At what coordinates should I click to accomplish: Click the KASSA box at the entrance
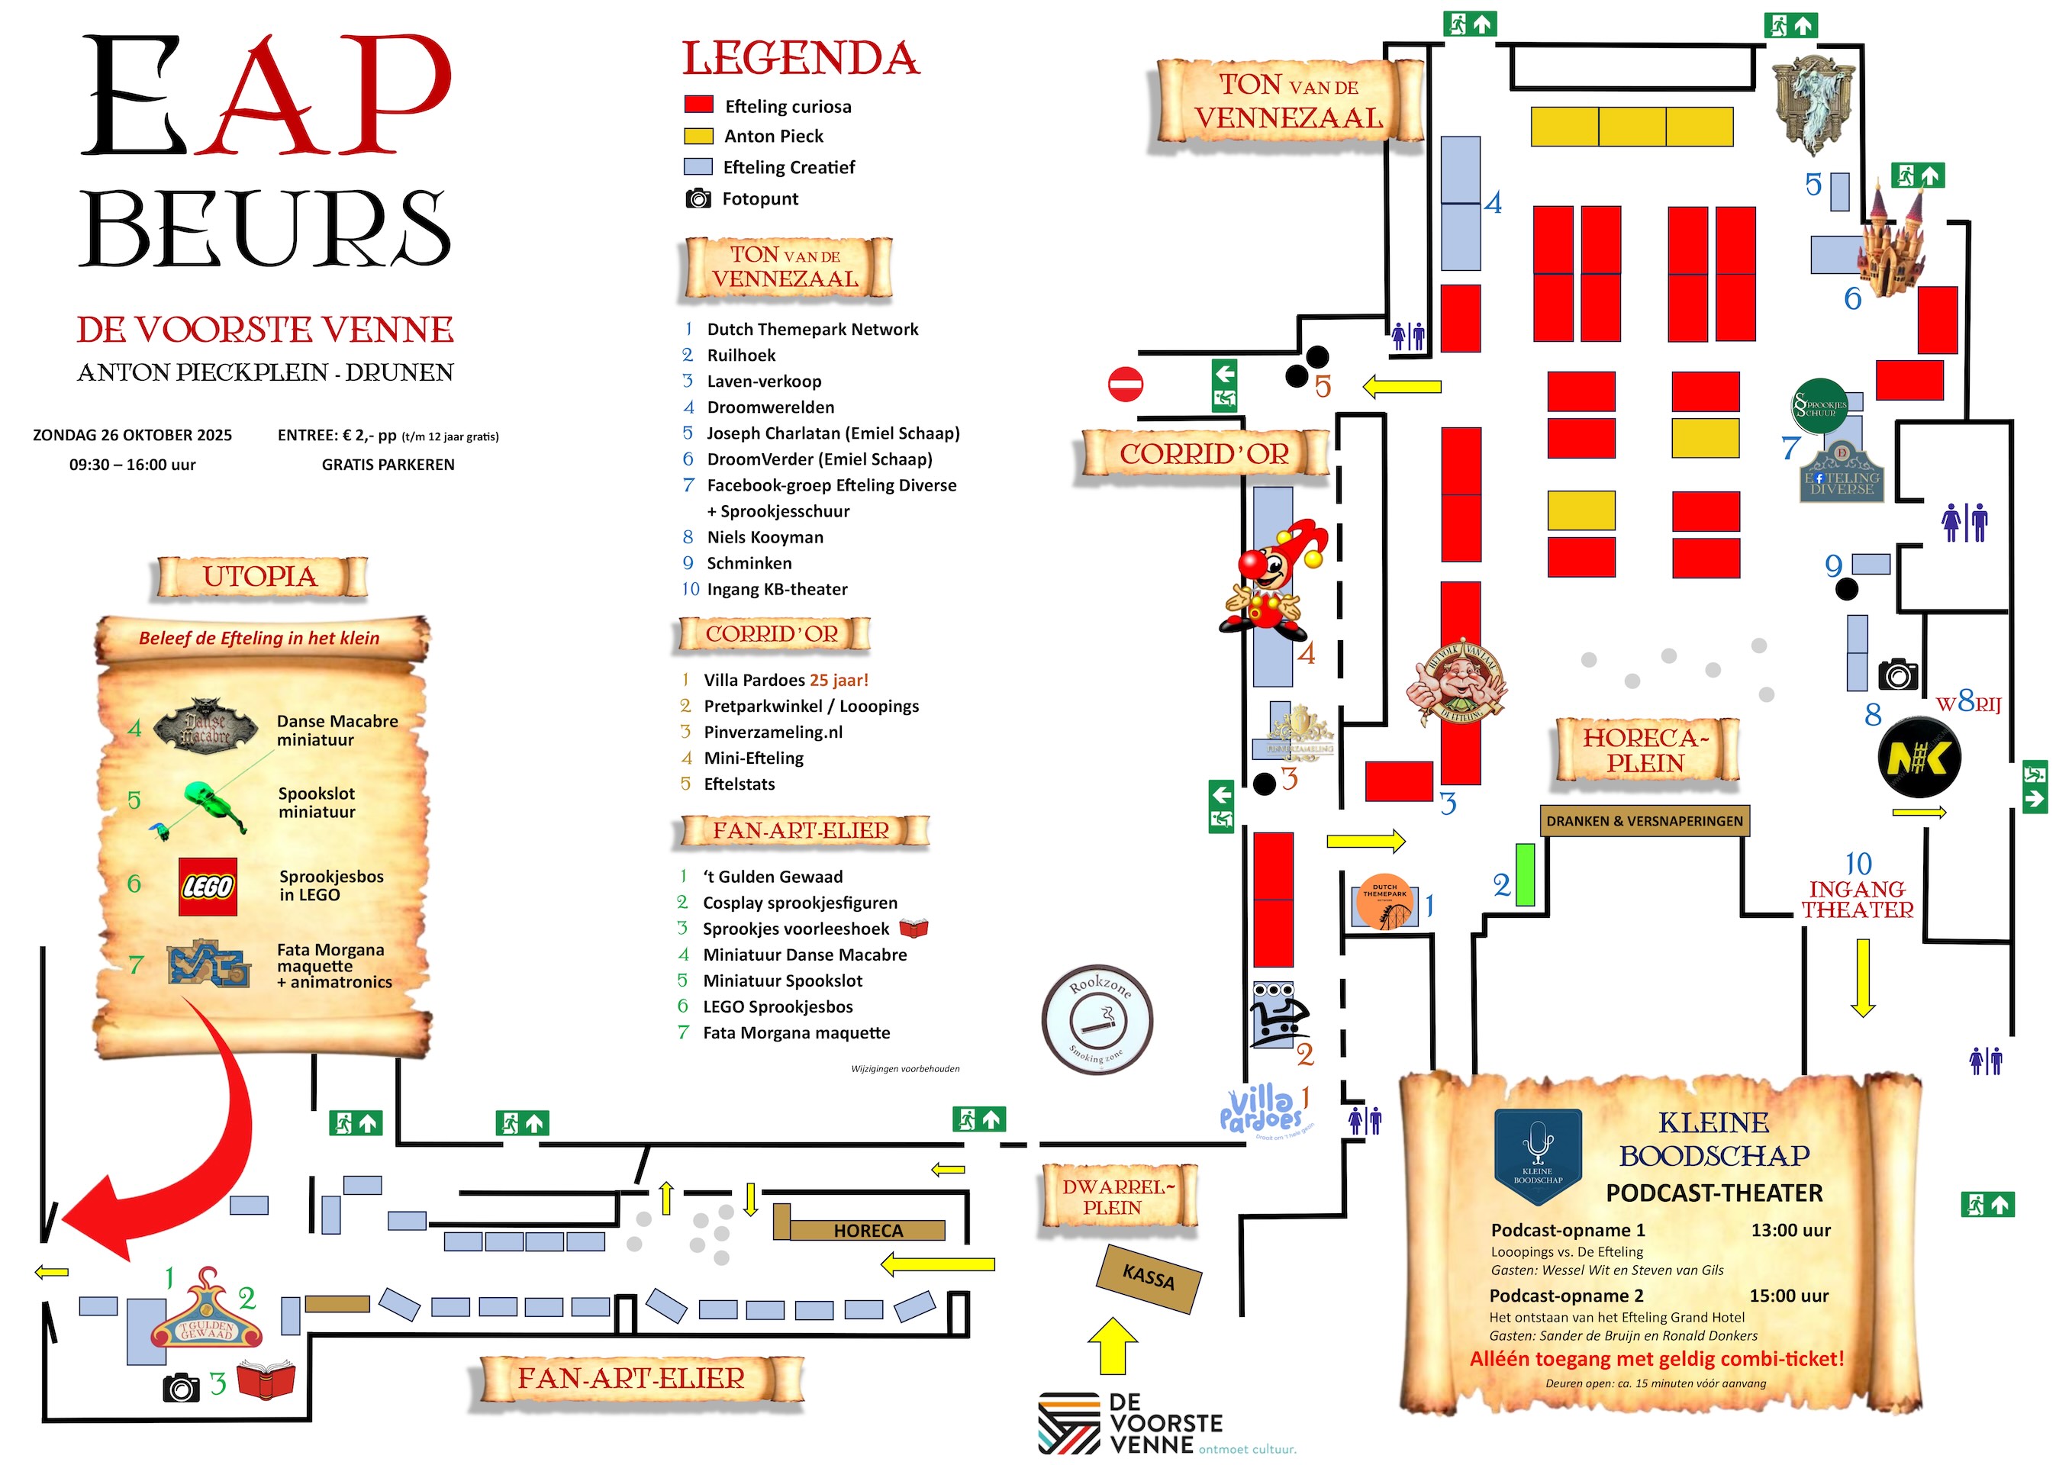coord(1148,1277)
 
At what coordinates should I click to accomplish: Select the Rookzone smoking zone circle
coord(1097,1019)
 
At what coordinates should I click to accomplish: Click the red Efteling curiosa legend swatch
coord(698,105)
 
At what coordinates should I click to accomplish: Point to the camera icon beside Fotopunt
coord(698,198)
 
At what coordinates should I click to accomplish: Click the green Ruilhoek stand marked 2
coord(1524,874)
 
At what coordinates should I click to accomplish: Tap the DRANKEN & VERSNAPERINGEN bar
coord(1644,821)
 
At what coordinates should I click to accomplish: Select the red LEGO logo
coord(208,887)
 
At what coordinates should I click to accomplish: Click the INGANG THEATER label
coord(1858,900)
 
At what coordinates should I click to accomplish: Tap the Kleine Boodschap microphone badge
coord(1538,1155)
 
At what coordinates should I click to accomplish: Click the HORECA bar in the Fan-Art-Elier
coord(866,1231)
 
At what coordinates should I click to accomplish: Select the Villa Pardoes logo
coord(1262,1110)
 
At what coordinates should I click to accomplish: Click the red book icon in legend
coord(914,929)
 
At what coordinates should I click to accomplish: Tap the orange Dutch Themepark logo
coord(1384,900)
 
